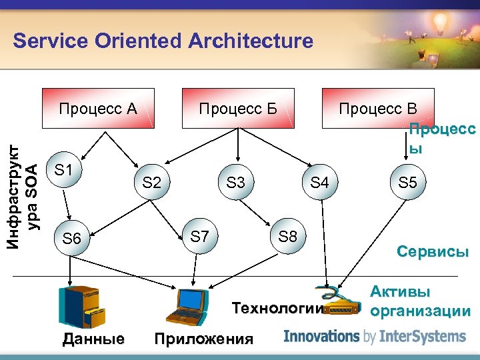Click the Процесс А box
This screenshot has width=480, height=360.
(x=98, y=108)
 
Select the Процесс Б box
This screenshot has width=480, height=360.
(x=238, y=108)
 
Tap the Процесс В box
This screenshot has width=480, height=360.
(x=378, y=108)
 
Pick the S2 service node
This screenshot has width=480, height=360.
(x=152, y=182)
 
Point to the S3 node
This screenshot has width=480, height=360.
(x=236, y=182)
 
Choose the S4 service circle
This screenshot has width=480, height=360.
(x=320, y=182)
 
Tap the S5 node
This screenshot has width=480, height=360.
(x=407, y=182)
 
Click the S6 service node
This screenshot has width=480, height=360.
(x=71, y=238)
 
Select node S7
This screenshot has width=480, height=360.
(x=199, y=235)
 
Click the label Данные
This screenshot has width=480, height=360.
(x=93, y=339)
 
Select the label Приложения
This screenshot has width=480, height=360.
(x=203, y=339)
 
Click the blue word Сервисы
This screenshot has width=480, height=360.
(x=433, y=252)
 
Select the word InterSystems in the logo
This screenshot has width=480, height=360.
(x=421, y=336)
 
